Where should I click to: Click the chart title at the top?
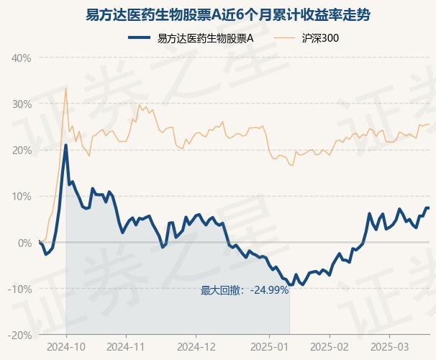click(218, 14)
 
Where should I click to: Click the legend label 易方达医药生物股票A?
click(205, 39)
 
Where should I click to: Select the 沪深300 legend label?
click(321, 39)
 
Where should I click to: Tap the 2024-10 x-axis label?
click(66, 346)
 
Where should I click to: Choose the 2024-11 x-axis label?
click(126, 346)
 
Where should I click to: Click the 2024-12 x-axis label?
click(196, 346)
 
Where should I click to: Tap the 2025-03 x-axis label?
click(389, 346)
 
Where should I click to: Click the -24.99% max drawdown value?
click(268, 290)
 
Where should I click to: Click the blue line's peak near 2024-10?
click(66, 145)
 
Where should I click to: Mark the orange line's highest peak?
click(66, 89)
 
